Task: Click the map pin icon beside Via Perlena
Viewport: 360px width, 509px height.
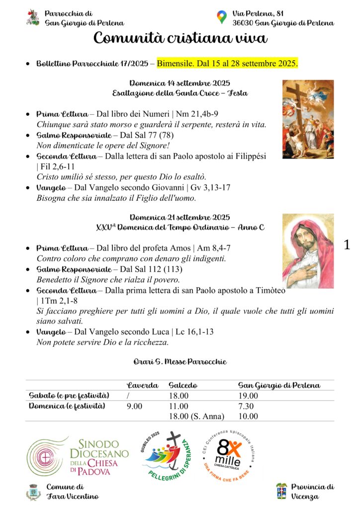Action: [222, 17]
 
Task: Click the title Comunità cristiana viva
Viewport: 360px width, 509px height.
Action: [180, 38]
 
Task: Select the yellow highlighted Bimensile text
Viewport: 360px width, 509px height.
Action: [227, 64]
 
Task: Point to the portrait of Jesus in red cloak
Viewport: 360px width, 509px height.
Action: [308, 251]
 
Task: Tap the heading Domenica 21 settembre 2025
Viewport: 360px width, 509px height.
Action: [180, 217]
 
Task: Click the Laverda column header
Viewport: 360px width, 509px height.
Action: [143, 385]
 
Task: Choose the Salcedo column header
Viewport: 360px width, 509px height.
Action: [183, 385]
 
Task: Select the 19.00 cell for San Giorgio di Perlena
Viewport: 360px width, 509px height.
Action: [248, 396]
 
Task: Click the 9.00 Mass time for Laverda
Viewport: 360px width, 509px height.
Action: [134, 406]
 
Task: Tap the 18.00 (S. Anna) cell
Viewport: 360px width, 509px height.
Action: [196, 416]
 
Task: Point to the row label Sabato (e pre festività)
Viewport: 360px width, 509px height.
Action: [69, 396]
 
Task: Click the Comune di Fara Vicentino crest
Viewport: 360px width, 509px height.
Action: [33, 492]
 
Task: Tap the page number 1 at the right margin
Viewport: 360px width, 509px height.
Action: [347, 245]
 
